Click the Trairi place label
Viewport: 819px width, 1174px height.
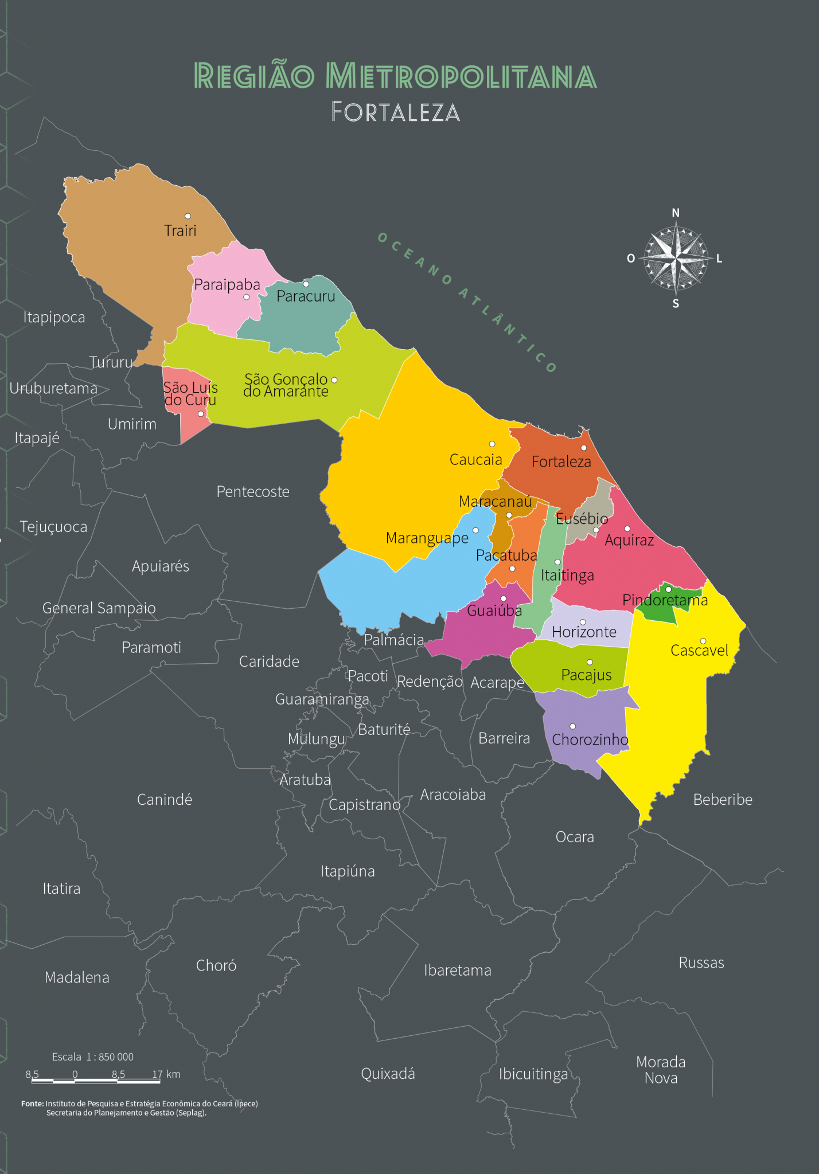180,230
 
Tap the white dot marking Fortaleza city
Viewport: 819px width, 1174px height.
584,448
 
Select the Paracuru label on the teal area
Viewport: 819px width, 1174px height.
306,296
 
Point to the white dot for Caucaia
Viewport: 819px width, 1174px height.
492,444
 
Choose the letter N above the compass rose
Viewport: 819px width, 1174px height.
676,213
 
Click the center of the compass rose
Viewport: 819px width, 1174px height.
676,259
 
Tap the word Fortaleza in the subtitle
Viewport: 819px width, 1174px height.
396,112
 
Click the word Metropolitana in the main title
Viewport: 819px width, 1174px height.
461,76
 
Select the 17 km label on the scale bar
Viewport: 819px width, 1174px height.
166,1074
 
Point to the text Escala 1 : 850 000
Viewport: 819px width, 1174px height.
93,1056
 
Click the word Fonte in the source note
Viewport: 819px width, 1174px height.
33,1103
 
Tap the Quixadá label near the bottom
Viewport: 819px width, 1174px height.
388,1074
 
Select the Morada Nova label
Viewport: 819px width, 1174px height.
661,1070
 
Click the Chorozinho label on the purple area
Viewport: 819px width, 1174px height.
590,739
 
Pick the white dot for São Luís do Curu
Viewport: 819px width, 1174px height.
201,414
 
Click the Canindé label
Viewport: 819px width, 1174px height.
165,800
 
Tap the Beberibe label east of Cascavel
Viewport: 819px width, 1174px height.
723,800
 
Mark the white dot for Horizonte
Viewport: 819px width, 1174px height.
583,622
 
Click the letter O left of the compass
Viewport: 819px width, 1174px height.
631,259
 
